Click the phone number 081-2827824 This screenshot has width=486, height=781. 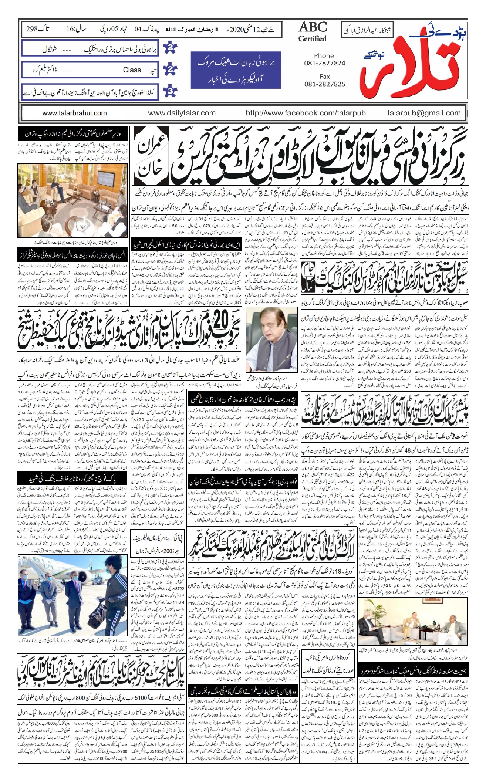(324, 63)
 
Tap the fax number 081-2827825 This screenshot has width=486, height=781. (324, 84)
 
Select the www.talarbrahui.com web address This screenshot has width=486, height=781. (74, 114)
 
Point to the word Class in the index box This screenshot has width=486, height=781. (132, 70)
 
